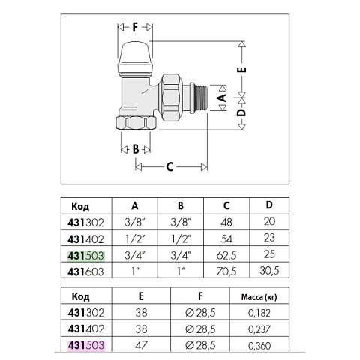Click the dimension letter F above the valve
pyautogui.click(x=135, y=28)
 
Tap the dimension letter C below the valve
pyautogui.click(x=169, y=166)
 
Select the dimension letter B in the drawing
pyautogui.click(x=136, y=148)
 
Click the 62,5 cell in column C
pyautogui.click(x=223, y=255)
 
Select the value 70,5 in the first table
pyautogui.click(x=223, y=269)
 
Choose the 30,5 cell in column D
pyautogui.click(x=271, y=269)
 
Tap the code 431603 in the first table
pyautogui.click(x=85, y=269)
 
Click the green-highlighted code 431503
pyautogui.click(x=85, y=255)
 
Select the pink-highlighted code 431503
pyautogui.click(x=85, y=344)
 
